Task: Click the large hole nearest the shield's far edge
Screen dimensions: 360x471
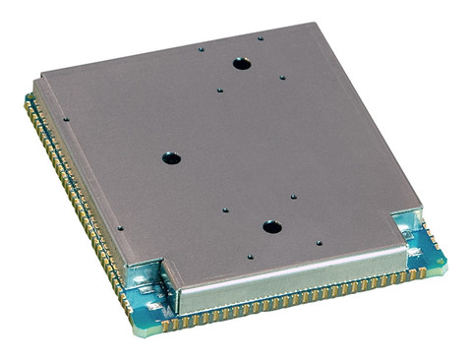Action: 241,64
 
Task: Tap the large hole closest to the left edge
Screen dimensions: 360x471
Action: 171,157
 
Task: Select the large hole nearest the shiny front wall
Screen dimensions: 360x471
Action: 271,227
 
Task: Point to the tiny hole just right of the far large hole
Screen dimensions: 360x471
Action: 282,78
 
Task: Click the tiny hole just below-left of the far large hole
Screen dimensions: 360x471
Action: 219,90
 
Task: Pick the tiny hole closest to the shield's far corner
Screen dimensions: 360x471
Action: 261,38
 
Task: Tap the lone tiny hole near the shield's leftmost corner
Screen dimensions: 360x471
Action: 66,120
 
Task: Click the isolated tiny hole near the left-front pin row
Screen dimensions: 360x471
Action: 120,228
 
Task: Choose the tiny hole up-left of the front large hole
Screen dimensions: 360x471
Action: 226,210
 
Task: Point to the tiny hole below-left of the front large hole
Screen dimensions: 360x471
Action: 250,257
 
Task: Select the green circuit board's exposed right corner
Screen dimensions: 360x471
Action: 442,264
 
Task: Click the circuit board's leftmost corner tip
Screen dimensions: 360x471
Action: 27,98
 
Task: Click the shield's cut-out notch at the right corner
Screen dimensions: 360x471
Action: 407,223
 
